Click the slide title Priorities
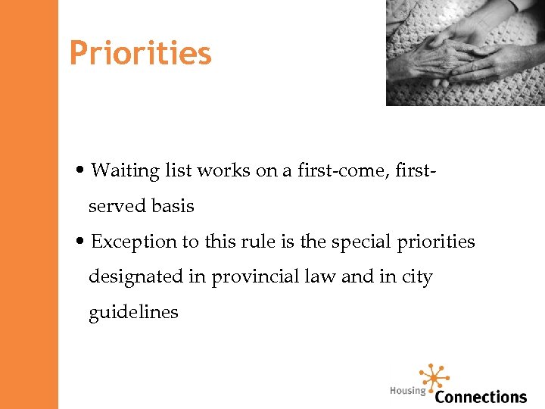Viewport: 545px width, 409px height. pos(140,54)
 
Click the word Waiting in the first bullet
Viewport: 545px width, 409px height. pos(124,171)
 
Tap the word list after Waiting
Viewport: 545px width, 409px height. pos(179,171)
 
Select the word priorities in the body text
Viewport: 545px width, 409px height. pos(437,242)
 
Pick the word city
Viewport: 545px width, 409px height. pos(416,277)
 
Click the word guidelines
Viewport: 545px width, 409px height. pos(133,312)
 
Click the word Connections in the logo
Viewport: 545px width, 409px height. pos(481,396)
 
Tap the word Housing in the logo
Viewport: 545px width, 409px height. pos(407,391)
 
